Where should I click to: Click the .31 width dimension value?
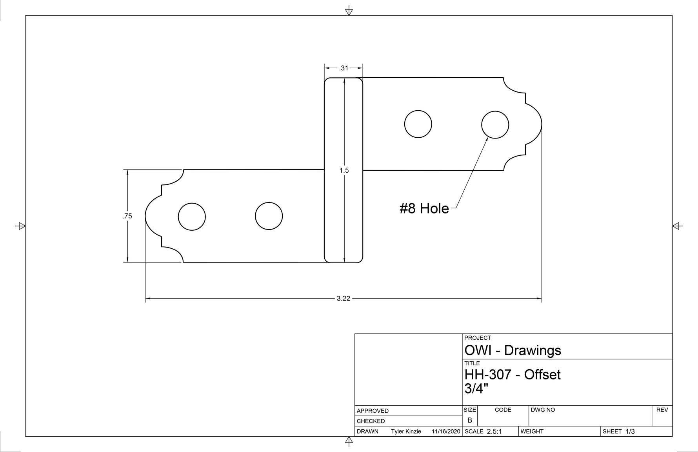pyautogui.click(x=344, y=68)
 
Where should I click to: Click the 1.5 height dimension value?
pyautogui.click(x=344, y=170)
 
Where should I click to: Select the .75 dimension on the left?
pyautogui.click(x=127, y=216)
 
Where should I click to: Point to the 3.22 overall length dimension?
pyautogui.click(x=343, y=299)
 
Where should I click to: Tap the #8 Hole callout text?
pyautogui.click(x=424, y=208)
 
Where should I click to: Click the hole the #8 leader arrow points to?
pyautogui.click(x=495, y=125)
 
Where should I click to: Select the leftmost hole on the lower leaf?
pyautogui.click(x=192, y=217)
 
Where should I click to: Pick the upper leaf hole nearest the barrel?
pyautogui.click(x=418, y=124)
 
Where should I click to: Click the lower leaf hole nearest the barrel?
pyautogui.click(x=269, y=216)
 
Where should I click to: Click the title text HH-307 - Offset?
pyautogui.click(x=512, y=375)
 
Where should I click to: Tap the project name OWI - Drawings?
pyautogui.click(x=513, y=350)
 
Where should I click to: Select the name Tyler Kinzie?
pyautogui.click(x=406, y=432)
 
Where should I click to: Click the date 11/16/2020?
pyautogui.click(x=445, y=432)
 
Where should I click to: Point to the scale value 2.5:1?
pyautogui.click(x=494, y=432)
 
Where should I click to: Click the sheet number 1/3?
pyautogui.click(x=630, y=432)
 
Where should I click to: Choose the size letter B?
pyautogui.click(x=470, y=420)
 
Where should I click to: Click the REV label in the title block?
pyautogui.click(x=662, y=410)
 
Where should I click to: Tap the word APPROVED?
pyautogui.click(x=373, y=411)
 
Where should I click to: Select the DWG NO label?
pyautogui.click(x=543, y=410)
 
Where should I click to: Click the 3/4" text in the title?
pyautogui.click(x=476, y=389)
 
